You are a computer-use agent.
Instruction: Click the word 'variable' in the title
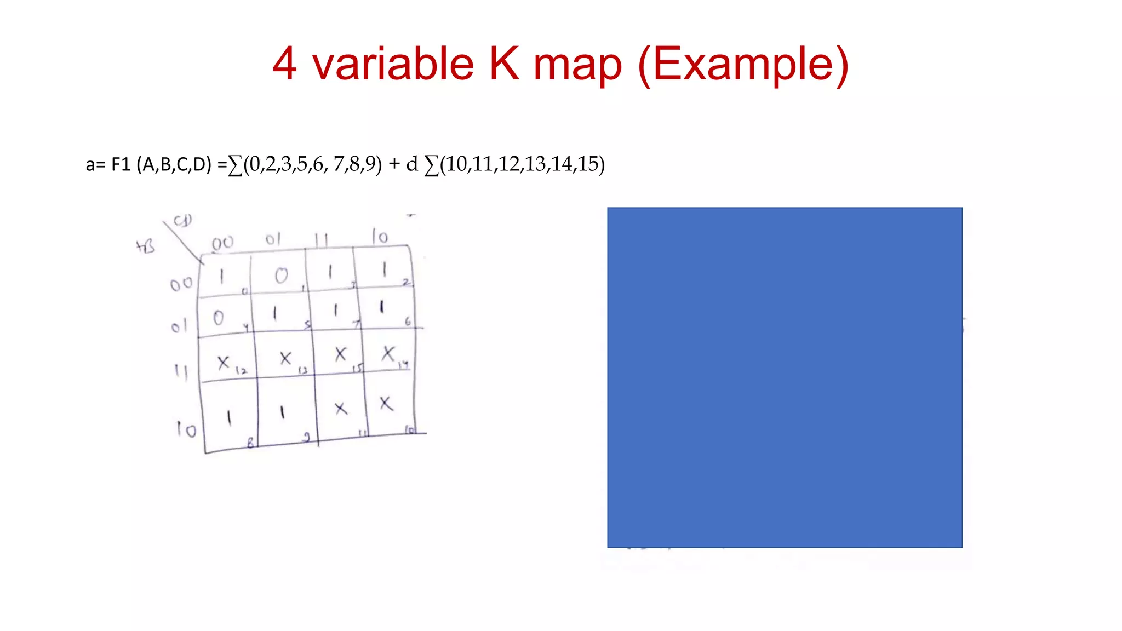(x=393, y=64)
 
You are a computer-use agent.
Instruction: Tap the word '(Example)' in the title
(x=743, y=65)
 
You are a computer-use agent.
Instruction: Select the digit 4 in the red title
(x=284, y=64)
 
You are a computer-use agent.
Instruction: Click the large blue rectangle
(x=785, y=377)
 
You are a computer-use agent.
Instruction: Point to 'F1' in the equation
(x=121, y=164)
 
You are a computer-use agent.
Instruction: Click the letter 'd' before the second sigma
(x=412, y=164)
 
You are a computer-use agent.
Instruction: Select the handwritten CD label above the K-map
(x=183, y=221)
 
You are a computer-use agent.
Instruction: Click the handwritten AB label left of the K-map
(x=146, y=247)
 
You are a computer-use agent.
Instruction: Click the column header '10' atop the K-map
(x=380, y=237)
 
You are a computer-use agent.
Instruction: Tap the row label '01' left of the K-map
(x=179, y=327)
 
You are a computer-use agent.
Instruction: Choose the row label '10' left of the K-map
(x=186, y=429)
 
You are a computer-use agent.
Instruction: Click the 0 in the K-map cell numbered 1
(x=281, y=276)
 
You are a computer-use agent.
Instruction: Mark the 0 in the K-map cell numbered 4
(x=218, y=318)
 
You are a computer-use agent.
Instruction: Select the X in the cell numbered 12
(x=223, y=362)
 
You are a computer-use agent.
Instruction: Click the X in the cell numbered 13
(x=285, y=359)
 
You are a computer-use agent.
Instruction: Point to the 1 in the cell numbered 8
(x=229, y=418)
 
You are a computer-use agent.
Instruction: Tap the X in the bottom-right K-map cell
(x=386, y=404)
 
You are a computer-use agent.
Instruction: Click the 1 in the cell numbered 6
(x=382, y=307)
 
